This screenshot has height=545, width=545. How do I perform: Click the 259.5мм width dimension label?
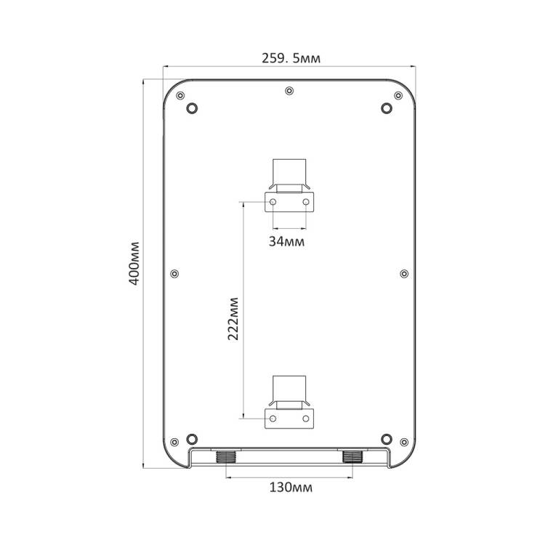tap(291, 58)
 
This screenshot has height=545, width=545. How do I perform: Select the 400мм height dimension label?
tap(134, 264)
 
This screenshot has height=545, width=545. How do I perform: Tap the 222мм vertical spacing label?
tap(233, 319)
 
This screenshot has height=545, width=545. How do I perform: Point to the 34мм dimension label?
tap(287, 241)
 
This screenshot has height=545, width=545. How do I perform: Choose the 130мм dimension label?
tap(291, 488)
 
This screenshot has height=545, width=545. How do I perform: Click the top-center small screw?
tap(289, 91)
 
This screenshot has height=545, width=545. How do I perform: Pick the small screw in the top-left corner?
tap(180, 96)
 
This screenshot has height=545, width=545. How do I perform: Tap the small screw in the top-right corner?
tap(398, 96)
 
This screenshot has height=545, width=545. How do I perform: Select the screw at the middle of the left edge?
tap(174, 274)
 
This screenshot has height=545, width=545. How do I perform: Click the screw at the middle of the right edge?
tap(404, 274)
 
